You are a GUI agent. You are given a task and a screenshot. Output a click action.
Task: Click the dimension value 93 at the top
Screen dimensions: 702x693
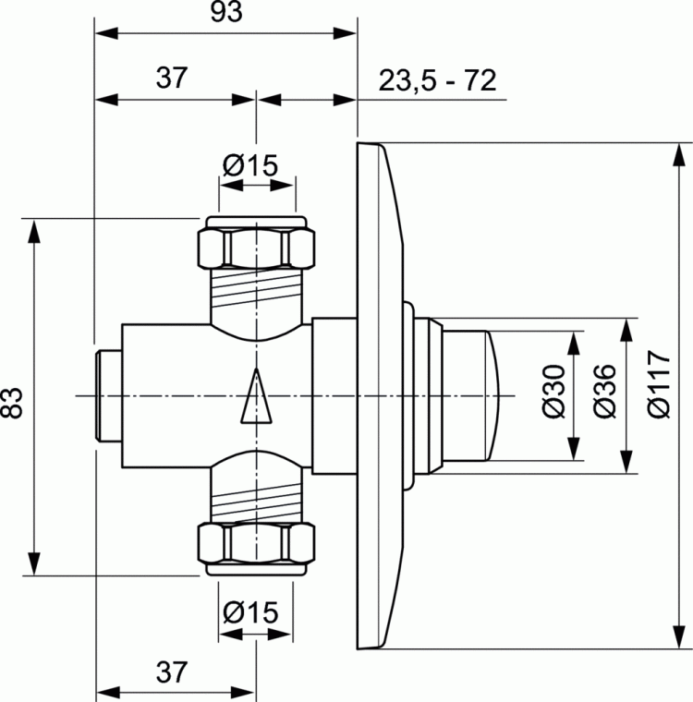click(x=225, y=13)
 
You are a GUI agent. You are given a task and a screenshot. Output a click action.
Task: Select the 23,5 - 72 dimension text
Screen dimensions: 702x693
click(x=437, y=80)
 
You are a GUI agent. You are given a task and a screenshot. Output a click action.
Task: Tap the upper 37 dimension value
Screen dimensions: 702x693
click(x=171, y=79)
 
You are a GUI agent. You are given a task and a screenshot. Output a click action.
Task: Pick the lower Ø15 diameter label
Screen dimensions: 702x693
click(x=249, y=611)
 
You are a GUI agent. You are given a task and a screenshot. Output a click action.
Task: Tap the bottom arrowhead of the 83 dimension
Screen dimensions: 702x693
click(x=35, y=563)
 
